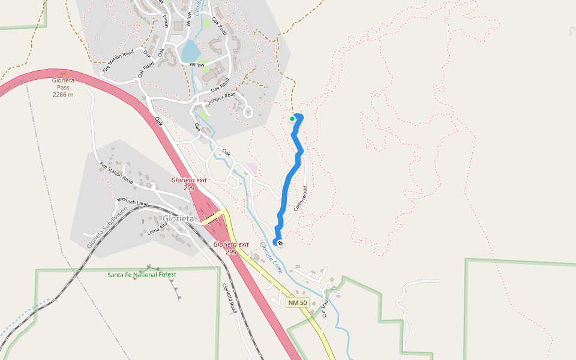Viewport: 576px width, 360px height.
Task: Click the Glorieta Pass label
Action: pyautogui.click(x=63, y=83)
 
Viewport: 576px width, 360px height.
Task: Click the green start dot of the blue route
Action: pyautogui.click(x=292, y=119)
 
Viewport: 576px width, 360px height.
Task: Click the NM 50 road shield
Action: pyautogui.click(x=297, y=302)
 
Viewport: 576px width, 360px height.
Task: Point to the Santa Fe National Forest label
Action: pyautogui.click(x=142, y=275)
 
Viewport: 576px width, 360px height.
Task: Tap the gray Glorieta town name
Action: pyautogui.click(x=179, y=219)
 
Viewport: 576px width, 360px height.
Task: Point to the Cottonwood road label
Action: pyautogui.click(x=301, y=198)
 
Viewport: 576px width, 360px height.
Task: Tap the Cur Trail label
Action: pyautogui.click(x=325, y=308)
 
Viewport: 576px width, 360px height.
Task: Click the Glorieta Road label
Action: pyautogui.click(x=229, y=298)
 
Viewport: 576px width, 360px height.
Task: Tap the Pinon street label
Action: pyautogui.click(x=165, y=18)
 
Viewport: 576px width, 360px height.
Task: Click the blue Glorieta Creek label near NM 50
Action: pyautogui.click(x=271, y=257)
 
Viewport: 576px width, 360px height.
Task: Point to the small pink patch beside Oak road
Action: pyautogui.click(x=251, y=169)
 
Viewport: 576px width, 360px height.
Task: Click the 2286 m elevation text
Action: pyautogui.click(x=63, y=95)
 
